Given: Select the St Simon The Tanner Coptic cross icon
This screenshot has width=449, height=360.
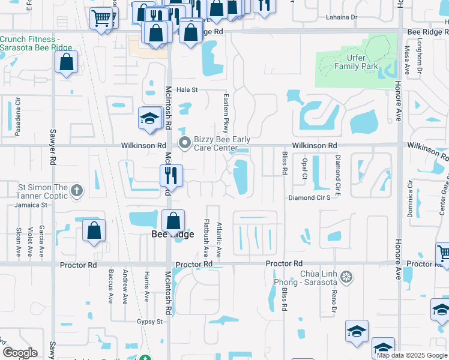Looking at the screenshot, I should click(x=76, y=191).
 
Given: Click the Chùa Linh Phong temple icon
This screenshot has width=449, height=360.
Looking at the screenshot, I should click(x=346, y=277).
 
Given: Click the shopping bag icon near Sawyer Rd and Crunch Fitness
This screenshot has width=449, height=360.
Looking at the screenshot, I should click(x=66, y=61).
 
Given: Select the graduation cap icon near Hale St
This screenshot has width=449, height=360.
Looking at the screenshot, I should click(x=149, y=118).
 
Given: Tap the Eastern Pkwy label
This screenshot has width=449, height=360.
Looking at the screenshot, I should click(x=227, y=107).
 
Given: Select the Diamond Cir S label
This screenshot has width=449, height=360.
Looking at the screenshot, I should click(x=309, y=197).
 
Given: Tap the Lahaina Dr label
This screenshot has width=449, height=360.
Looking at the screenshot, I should click(x=342, y=17).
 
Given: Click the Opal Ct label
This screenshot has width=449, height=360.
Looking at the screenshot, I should click(x=305, y=165).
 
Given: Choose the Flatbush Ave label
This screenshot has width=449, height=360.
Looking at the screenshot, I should click(x=206, y=238).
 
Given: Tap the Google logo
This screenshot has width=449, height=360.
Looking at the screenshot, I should click(x=20, y=353).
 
